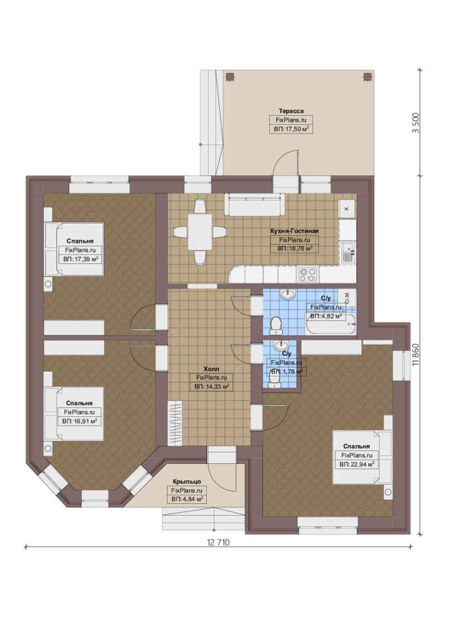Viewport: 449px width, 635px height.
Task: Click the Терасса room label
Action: click(x=291, y=111)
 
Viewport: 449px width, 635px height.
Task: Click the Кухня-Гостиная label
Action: click(x=294, y=231)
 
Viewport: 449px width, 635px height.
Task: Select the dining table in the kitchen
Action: click(x=200, y=232)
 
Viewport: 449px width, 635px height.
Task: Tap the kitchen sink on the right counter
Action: click(x=348, y=252)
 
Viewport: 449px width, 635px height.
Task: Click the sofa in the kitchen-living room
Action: click(x=254, y=205)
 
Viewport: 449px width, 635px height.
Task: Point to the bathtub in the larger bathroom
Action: click(x=331, y=324)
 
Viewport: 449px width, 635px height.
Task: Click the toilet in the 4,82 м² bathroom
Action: click(x=276, y=326)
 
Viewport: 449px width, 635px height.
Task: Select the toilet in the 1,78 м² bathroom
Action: click(x=275, y=379)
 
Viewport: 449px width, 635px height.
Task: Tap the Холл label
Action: click(x=212, y=369)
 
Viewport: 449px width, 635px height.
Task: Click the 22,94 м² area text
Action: click(x=356, y=464)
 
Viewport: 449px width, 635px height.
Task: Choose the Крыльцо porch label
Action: click(x=187, y=482)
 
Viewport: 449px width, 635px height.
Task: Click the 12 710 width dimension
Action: click(x=218, y=542)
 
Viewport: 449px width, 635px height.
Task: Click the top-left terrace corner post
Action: click(x=230, y=77)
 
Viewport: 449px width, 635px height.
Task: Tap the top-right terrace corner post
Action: click(x=367, y=77)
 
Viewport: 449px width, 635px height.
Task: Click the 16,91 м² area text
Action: click(x=79, y=421)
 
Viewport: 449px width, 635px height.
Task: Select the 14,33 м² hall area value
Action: click(x=212, y=387)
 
